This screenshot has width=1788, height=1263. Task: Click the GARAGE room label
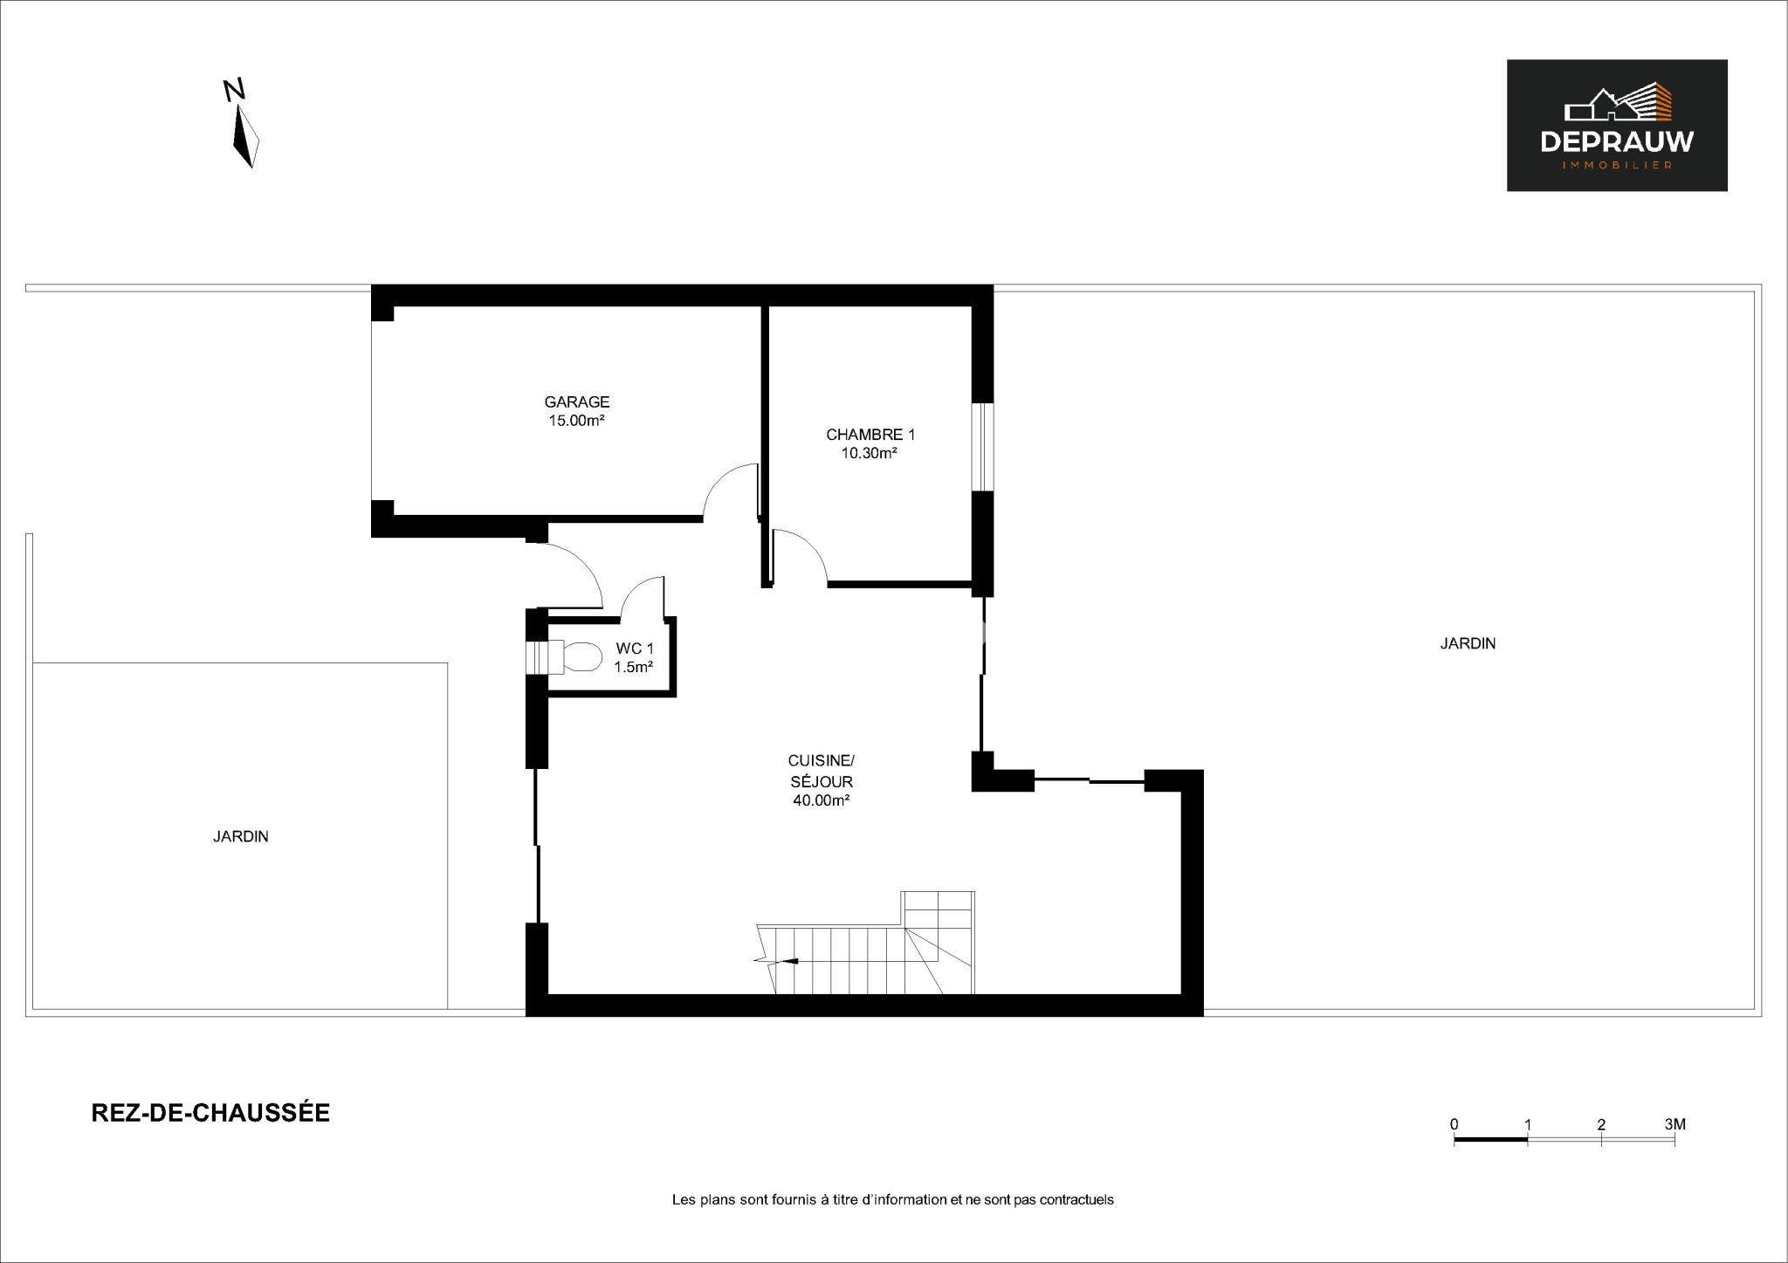pos(577,402)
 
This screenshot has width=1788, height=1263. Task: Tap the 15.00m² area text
pos(577,421)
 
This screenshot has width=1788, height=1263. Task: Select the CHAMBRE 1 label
pos(870,435)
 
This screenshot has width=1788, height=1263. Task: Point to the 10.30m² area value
pos(870,453)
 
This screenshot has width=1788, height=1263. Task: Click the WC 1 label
pos(635,649)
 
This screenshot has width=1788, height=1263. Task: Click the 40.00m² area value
pos(822,800)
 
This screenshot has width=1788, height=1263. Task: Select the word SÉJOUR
pos(822,782)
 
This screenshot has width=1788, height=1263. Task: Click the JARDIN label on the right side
pos(1468,644)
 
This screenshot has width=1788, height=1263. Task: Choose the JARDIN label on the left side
pos(241,836)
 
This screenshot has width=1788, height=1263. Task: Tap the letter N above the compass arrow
pos(234,90)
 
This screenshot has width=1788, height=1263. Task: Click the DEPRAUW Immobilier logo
pos(1617,126)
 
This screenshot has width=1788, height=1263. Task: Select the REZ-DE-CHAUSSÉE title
pos(210,1113)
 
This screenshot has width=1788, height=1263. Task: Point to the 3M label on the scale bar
pos(1675,1124)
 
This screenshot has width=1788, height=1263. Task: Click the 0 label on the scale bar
pos(1454,1124)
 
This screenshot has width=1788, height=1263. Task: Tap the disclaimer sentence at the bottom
pos(892,1200)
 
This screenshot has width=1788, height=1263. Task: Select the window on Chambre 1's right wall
pos(983,447)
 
